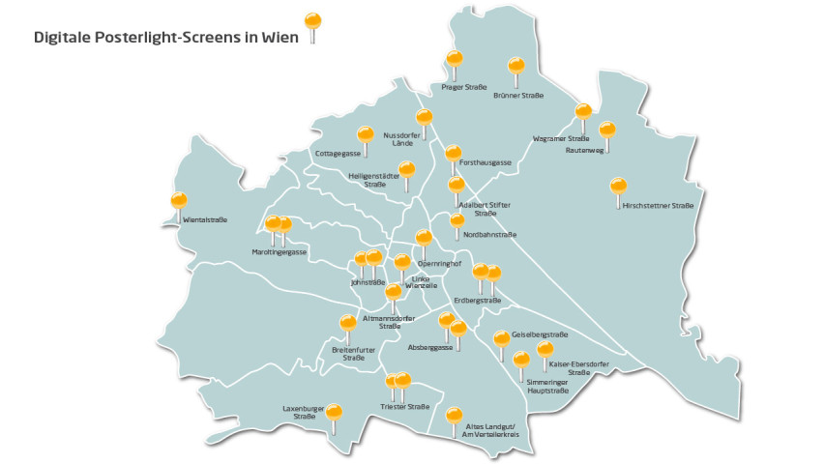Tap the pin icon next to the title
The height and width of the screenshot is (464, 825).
click(x=312, y=22)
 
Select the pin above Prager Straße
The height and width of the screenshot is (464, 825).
click(x=455, y=61)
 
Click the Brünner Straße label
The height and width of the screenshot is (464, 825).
click(x=517, y=96)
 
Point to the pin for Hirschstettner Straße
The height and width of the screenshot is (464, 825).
click(x=618, y=187)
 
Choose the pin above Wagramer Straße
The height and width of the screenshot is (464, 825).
click(x=583, y=113)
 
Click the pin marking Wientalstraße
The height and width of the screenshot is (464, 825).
click(x=178, y=202)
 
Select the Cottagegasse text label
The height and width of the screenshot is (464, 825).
click(x=339, y=154)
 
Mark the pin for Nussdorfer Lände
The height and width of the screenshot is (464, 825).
click(x=424, y=119)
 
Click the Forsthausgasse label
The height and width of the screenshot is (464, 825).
click(x=486, y=162)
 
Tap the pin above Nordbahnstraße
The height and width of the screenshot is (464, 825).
click(x=457, y=222)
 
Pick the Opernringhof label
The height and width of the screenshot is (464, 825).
click(x=438, y=264)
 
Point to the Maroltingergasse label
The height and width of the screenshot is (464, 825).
click(x=280, y=251)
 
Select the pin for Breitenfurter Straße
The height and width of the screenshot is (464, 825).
click(x=347, y=324)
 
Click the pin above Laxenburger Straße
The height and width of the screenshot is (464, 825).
click(x=335, y=413)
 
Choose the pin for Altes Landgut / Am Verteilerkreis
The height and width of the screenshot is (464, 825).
click(x=455, y=416)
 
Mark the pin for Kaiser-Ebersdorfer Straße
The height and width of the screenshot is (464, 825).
click(x=545, y=350)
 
